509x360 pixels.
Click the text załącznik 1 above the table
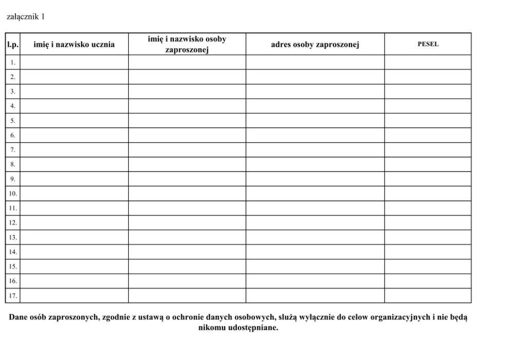(x=26, y=16)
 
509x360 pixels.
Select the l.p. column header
(x=13, y=45)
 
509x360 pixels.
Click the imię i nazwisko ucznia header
(x=74, y=45)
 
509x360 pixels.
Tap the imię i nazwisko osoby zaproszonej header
(x=187, y=45)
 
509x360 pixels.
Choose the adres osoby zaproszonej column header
(x=315, y=45)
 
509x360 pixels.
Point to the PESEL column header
(x=428, y=44)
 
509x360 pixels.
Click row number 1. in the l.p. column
(x=13, y=62)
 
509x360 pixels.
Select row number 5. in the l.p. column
(x=13, y=121)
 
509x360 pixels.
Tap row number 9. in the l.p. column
(x=13, y=179)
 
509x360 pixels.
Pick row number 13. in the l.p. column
(x=12, y=237)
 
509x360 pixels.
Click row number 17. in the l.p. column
(x=12, y=296)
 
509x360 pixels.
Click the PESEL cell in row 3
(x=428, y=91)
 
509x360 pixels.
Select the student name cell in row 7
(x=74, y=150)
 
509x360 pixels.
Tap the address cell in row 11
(x=315, y=208)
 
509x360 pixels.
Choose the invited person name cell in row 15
(x=187, y=267)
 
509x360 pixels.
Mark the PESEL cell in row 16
(x=428, y=281)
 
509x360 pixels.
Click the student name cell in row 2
(x=74, y=77)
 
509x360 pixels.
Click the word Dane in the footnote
(x=19, y=317)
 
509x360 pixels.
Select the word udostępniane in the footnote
(x=255, y=328)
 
